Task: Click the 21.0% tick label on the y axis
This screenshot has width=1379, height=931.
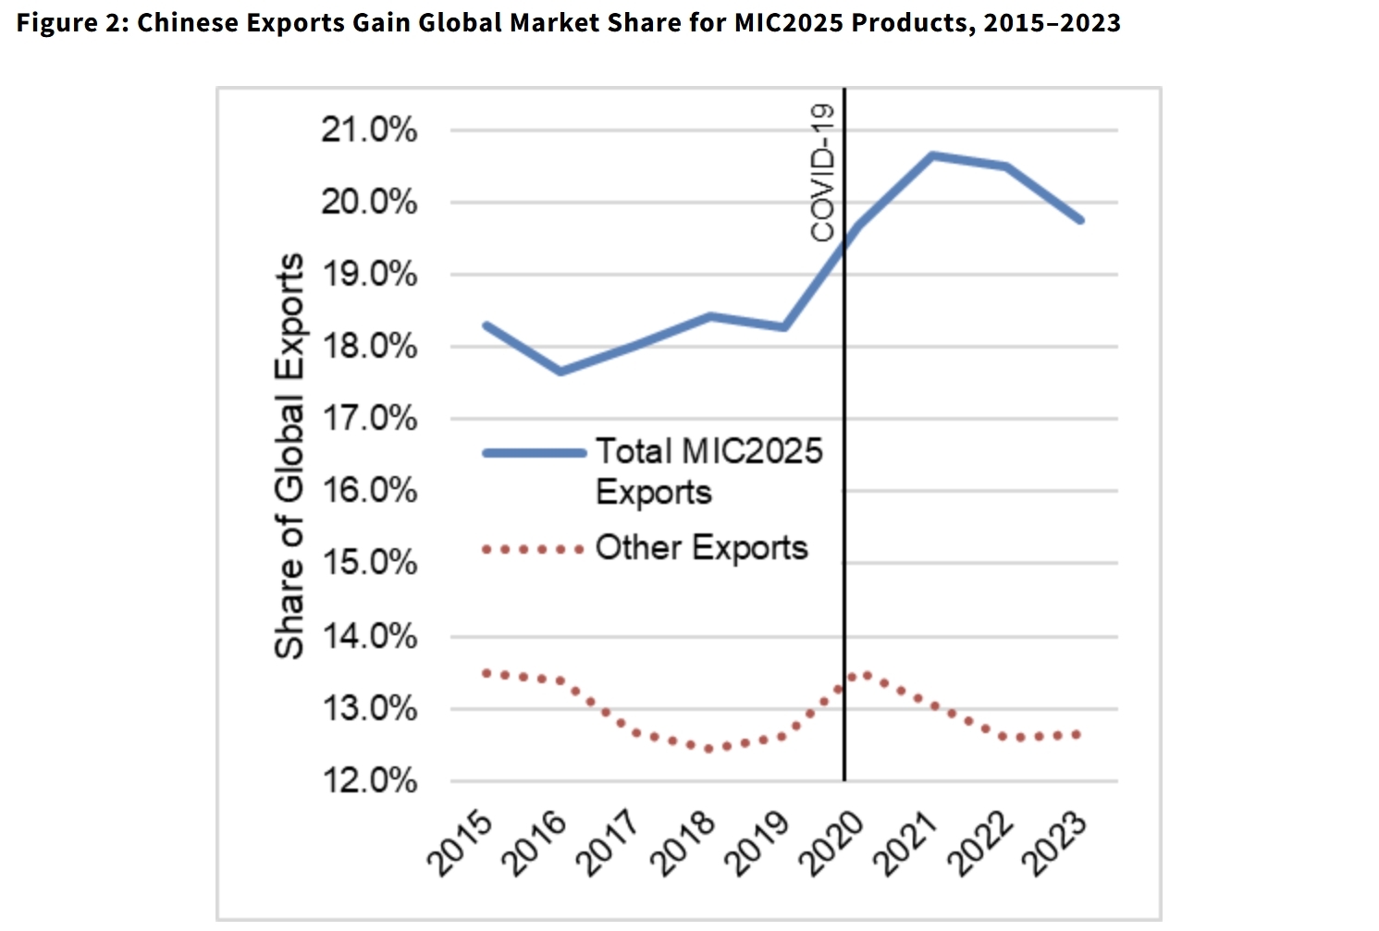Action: (x=368, y=130)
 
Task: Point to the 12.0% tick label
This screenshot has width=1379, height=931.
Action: (x=368, y=781)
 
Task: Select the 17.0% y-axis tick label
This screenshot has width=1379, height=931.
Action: (x=368, y=419)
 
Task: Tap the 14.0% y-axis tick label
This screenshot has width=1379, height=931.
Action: (x=368, y=637)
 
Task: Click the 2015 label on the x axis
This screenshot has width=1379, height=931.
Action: (x=459, y=843)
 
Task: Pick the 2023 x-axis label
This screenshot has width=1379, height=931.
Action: (x=1053, y=843)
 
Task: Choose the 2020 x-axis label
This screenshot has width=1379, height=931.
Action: (x=831, y=843)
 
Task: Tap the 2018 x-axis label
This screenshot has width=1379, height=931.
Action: (x=682, y=843)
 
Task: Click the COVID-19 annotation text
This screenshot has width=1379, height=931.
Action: (x=822, y=173)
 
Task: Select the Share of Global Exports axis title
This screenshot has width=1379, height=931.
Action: (x=289, y=456)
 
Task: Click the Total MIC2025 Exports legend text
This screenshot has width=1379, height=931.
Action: (x=708, y=471)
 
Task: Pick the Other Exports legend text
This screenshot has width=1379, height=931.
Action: (x=701, y=547)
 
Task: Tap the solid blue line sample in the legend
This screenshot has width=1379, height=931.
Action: (x=535, y=453)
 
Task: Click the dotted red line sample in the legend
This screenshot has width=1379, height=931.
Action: (x=533, y=549)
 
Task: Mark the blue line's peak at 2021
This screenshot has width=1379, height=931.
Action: (x=932, y=155)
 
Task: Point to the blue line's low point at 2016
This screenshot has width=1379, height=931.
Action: (x=560, y=372)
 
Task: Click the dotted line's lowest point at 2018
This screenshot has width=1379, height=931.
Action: (x=709, y=748)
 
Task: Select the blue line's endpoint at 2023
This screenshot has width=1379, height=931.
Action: (x=1080, y=220)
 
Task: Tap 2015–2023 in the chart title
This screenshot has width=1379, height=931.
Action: (x=1052, y=22)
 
